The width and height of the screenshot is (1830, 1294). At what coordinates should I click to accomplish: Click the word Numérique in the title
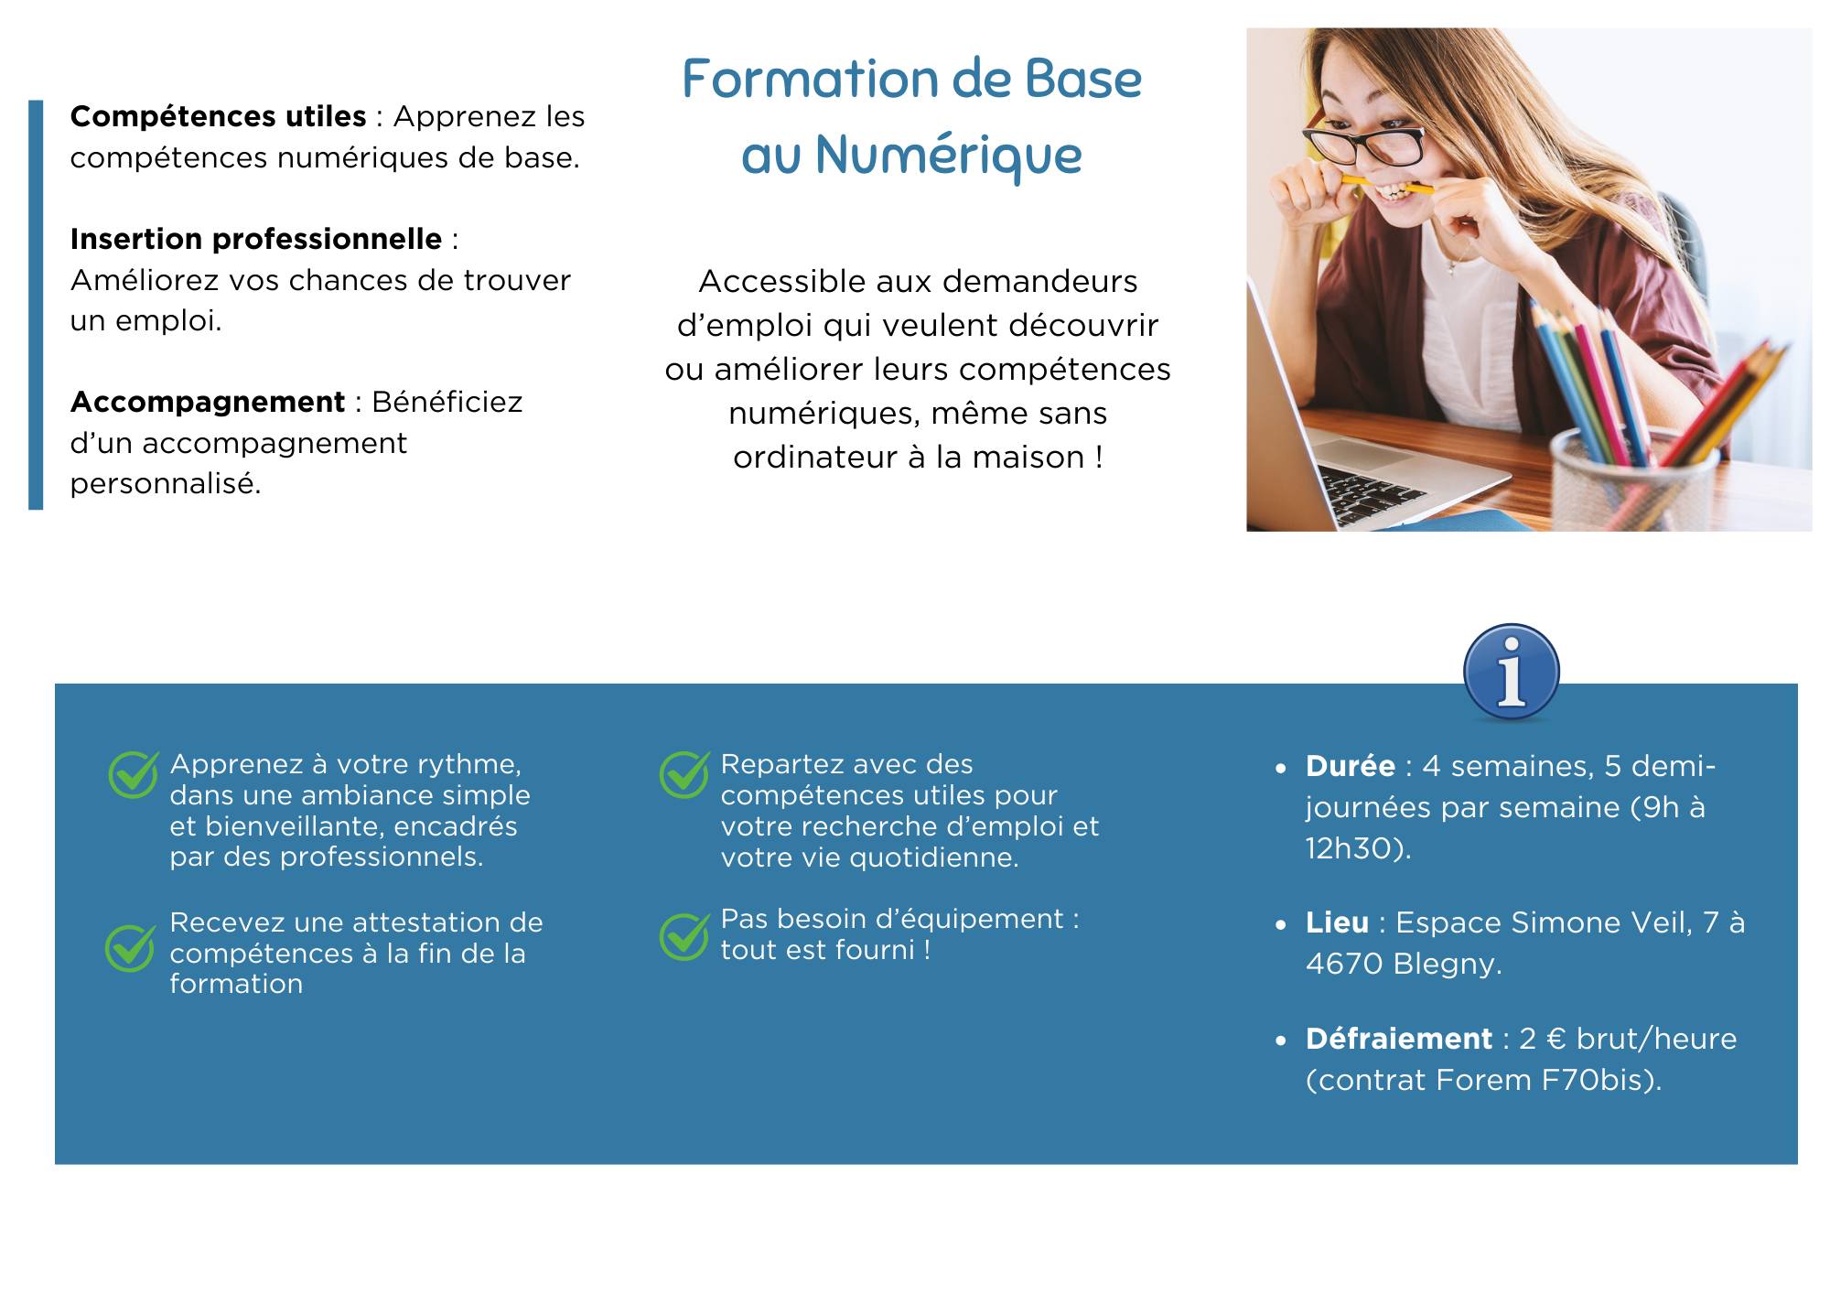(x=948, y=156)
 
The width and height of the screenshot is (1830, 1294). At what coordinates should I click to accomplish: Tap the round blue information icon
(x=1511, y=673)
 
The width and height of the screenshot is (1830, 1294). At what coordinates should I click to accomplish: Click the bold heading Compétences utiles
(x=218, y=116)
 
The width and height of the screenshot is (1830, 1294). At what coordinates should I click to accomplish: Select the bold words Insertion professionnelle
(x=256, y=239)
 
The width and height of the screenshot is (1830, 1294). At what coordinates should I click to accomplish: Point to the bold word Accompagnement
(x=208, y=403)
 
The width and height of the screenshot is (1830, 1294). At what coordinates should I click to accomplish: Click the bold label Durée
(x=1351, y=765)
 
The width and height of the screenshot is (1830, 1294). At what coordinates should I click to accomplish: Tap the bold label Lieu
(x=1337, y=922)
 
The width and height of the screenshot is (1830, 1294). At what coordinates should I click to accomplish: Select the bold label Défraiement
(x=1399, y=1039)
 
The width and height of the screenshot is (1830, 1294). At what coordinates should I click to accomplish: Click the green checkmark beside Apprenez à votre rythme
(x=134, y=775)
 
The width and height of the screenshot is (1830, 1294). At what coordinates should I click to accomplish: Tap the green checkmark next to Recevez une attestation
(x=130, y=947)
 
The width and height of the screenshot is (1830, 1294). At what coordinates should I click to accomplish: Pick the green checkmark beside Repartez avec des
(x=684, y=774)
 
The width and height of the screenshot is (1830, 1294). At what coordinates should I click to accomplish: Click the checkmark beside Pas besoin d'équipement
(x=684, y=937)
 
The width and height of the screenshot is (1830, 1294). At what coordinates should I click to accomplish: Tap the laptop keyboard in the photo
(x=1372, y=494)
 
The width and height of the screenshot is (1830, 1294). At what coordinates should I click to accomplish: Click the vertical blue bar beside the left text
(x=36, y=305)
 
